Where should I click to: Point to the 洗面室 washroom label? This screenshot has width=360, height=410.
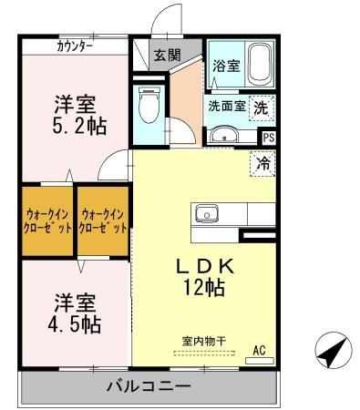tap(226, 106)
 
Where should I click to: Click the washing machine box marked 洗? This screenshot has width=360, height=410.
tap(262, 106)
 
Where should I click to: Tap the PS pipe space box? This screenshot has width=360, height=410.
tap(268, 138)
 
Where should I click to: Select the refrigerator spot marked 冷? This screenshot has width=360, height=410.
tap(262, 165)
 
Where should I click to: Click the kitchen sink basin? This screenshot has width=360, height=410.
tap(207, 215)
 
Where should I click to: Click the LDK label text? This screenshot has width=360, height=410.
tap(206, 266)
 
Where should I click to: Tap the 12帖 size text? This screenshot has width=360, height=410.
tap(206, 286)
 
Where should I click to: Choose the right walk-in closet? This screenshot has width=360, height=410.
tap(102, 222)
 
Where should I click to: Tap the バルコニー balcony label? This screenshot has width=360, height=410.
tap(147, 386)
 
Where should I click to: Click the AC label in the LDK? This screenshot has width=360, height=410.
tap(258, 350)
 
